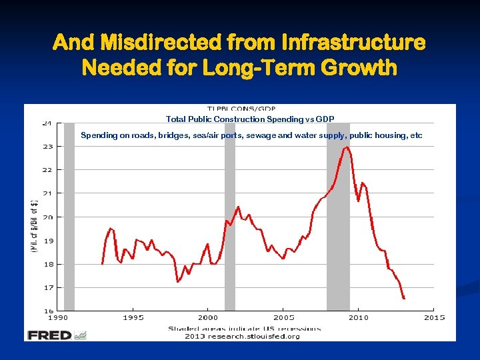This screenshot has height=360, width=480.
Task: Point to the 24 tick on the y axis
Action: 47,123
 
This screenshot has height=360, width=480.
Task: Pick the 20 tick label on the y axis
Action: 47,217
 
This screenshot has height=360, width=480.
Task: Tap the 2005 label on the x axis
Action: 283,317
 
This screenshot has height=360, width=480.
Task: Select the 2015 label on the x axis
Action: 434,317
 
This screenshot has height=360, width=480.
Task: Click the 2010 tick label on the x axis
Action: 359,317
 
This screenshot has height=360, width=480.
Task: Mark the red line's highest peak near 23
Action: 345,147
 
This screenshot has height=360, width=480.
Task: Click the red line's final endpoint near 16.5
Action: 404,299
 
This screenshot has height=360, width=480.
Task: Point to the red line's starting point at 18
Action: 102,263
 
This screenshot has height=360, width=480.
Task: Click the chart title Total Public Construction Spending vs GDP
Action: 249,119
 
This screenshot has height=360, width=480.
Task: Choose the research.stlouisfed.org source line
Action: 243,336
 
